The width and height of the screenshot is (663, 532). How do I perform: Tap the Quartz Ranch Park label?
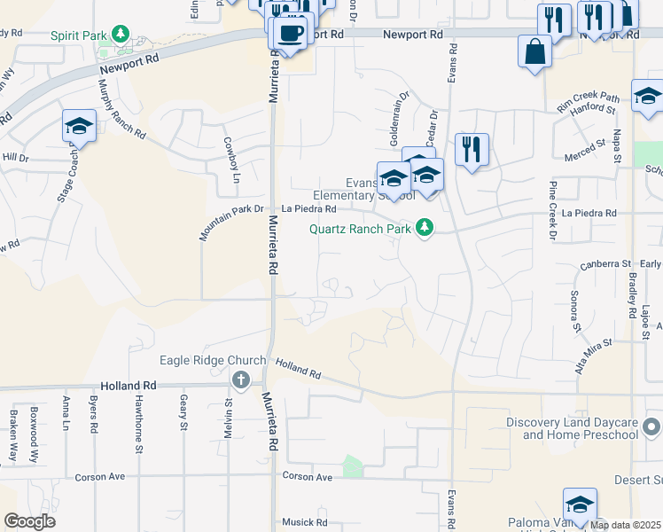(360, 228)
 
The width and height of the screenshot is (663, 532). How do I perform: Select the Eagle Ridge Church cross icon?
(240, 379)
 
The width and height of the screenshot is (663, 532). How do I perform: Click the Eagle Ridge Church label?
(213, 360)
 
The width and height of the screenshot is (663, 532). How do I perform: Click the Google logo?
(29, 521)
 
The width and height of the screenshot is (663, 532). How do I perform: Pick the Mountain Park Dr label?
(231, 221)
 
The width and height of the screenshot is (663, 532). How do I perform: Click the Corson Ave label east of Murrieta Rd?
(307, 477)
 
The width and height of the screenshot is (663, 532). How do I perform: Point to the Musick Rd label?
(305, 522)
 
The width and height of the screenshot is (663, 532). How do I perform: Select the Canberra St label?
(604, 264)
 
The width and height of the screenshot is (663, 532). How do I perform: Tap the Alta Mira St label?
(594, 355)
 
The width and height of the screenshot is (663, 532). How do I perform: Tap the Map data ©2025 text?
(625, 525)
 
